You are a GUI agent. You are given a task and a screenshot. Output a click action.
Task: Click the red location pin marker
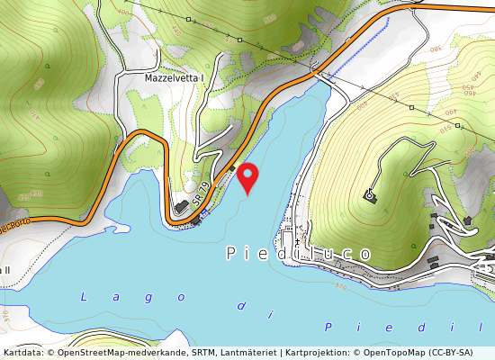coord(246,177)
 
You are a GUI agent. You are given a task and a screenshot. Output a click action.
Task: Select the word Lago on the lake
coord(98,296)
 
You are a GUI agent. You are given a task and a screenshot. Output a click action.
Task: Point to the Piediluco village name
coord(298,254)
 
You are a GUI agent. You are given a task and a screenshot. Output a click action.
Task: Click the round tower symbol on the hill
coord(369,194)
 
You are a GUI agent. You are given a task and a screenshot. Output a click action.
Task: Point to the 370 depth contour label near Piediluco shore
coord(338,287)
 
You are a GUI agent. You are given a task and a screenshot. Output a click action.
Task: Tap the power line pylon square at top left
coord(189,19)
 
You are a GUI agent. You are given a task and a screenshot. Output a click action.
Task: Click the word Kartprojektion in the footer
coord(313,353)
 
